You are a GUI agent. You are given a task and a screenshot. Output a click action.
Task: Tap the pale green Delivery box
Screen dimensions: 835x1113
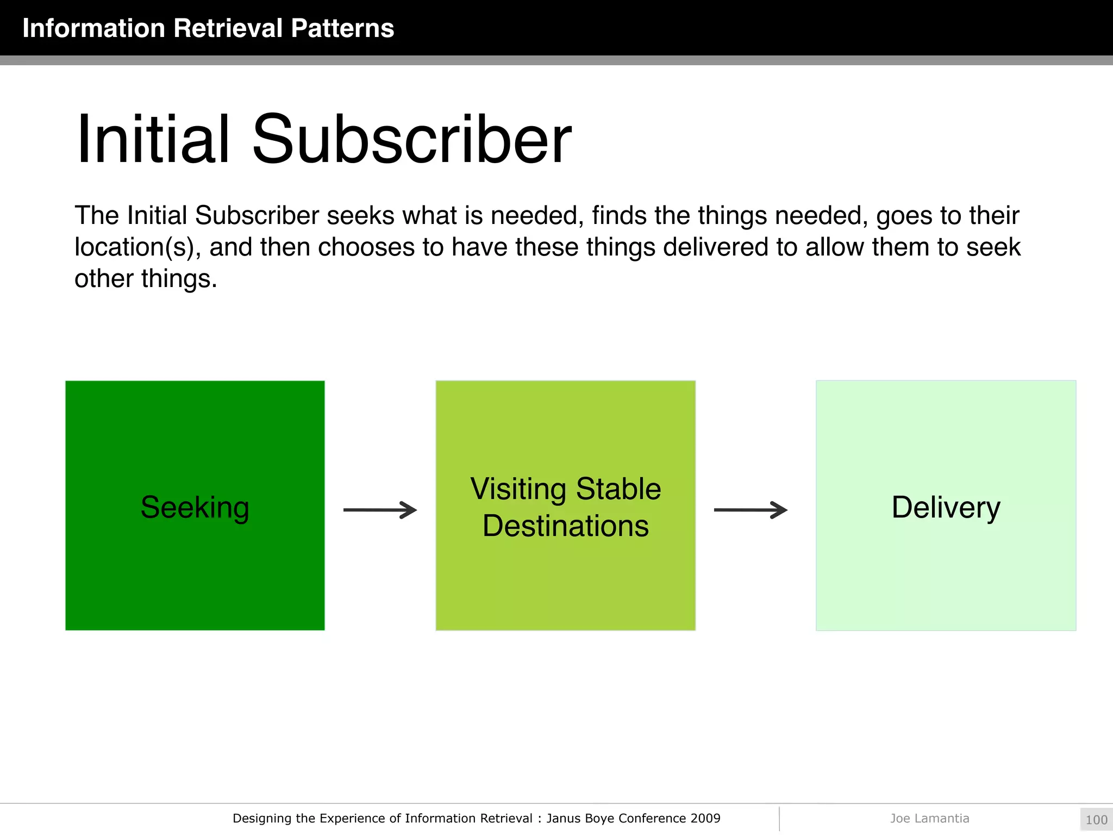click(946, 571)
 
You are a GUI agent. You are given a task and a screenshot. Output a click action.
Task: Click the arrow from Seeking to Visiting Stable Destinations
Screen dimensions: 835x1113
click(380, 510)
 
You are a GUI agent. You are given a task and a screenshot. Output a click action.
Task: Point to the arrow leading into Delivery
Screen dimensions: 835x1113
click(751, 510)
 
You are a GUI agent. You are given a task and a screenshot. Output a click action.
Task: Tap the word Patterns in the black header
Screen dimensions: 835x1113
click(342, 28)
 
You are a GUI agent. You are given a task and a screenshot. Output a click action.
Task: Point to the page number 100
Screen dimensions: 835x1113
click(1096, 820)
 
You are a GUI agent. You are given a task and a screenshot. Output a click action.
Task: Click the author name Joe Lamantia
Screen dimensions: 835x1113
click(929, 818)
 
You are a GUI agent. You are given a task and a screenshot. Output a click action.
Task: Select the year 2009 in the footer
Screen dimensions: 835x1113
click(705, 818)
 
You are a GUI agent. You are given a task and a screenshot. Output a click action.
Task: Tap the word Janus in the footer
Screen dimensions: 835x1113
click(564, 818)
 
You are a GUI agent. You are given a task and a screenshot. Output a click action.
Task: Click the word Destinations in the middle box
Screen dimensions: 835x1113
click(565, 526)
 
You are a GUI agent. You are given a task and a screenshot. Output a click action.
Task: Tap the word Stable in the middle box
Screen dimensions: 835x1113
click(618, 489)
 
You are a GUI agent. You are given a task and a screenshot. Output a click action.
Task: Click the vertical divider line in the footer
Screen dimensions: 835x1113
click(779, 819)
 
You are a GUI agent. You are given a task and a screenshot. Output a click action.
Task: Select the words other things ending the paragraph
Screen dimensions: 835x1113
click(146, 279)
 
